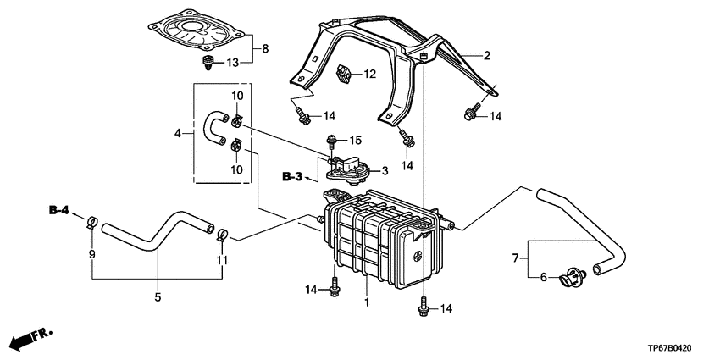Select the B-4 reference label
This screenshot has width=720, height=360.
tap(58, 211)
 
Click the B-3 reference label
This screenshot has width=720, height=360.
tap(292, 175)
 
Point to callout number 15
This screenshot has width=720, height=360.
tap(356, 140)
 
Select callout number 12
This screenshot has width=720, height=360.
tap(370, 74)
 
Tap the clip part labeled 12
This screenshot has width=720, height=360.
tap(344, 74)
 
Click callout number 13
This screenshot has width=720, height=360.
tap(233, 63)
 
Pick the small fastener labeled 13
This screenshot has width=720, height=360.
tap(209, 63)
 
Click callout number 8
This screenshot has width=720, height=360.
tap(265, 48)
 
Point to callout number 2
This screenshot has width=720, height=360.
tap(487, 56)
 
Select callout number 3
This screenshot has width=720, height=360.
tap(385, 171)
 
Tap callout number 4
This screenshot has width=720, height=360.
tap(178, 134)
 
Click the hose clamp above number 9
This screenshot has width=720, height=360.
tap(91, 222)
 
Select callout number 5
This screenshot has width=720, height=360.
tap(158, 297)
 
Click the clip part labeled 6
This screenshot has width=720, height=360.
tap(573, 277)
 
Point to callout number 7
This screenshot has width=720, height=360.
tap(515, 258)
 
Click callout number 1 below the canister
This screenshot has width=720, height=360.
tap(367, 303)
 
